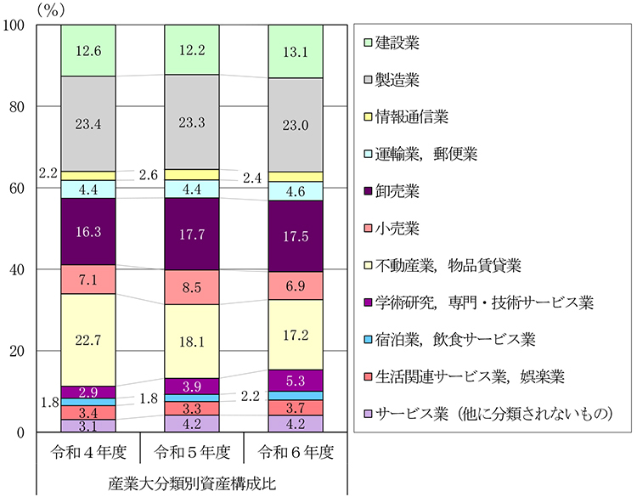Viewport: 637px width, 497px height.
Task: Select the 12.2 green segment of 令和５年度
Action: (192, 50)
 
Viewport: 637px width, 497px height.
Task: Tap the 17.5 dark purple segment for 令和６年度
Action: (296, 236)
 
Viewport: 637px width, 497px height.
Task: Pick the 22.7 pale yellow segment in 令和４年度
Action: (88, 340)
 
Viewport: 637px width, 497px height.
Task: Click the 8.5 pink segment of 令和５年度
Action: (192, 287)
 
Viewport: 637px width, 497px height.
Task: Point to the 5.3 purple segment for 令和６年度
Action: (296, 381)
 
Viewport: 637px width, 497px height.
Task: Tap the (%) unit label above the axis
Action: (49, 9)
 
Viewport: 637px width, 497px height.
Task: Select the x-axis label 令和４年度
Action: (88, 449)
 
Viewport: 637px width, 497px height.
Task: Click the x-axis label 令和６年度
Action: (296, 449)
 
